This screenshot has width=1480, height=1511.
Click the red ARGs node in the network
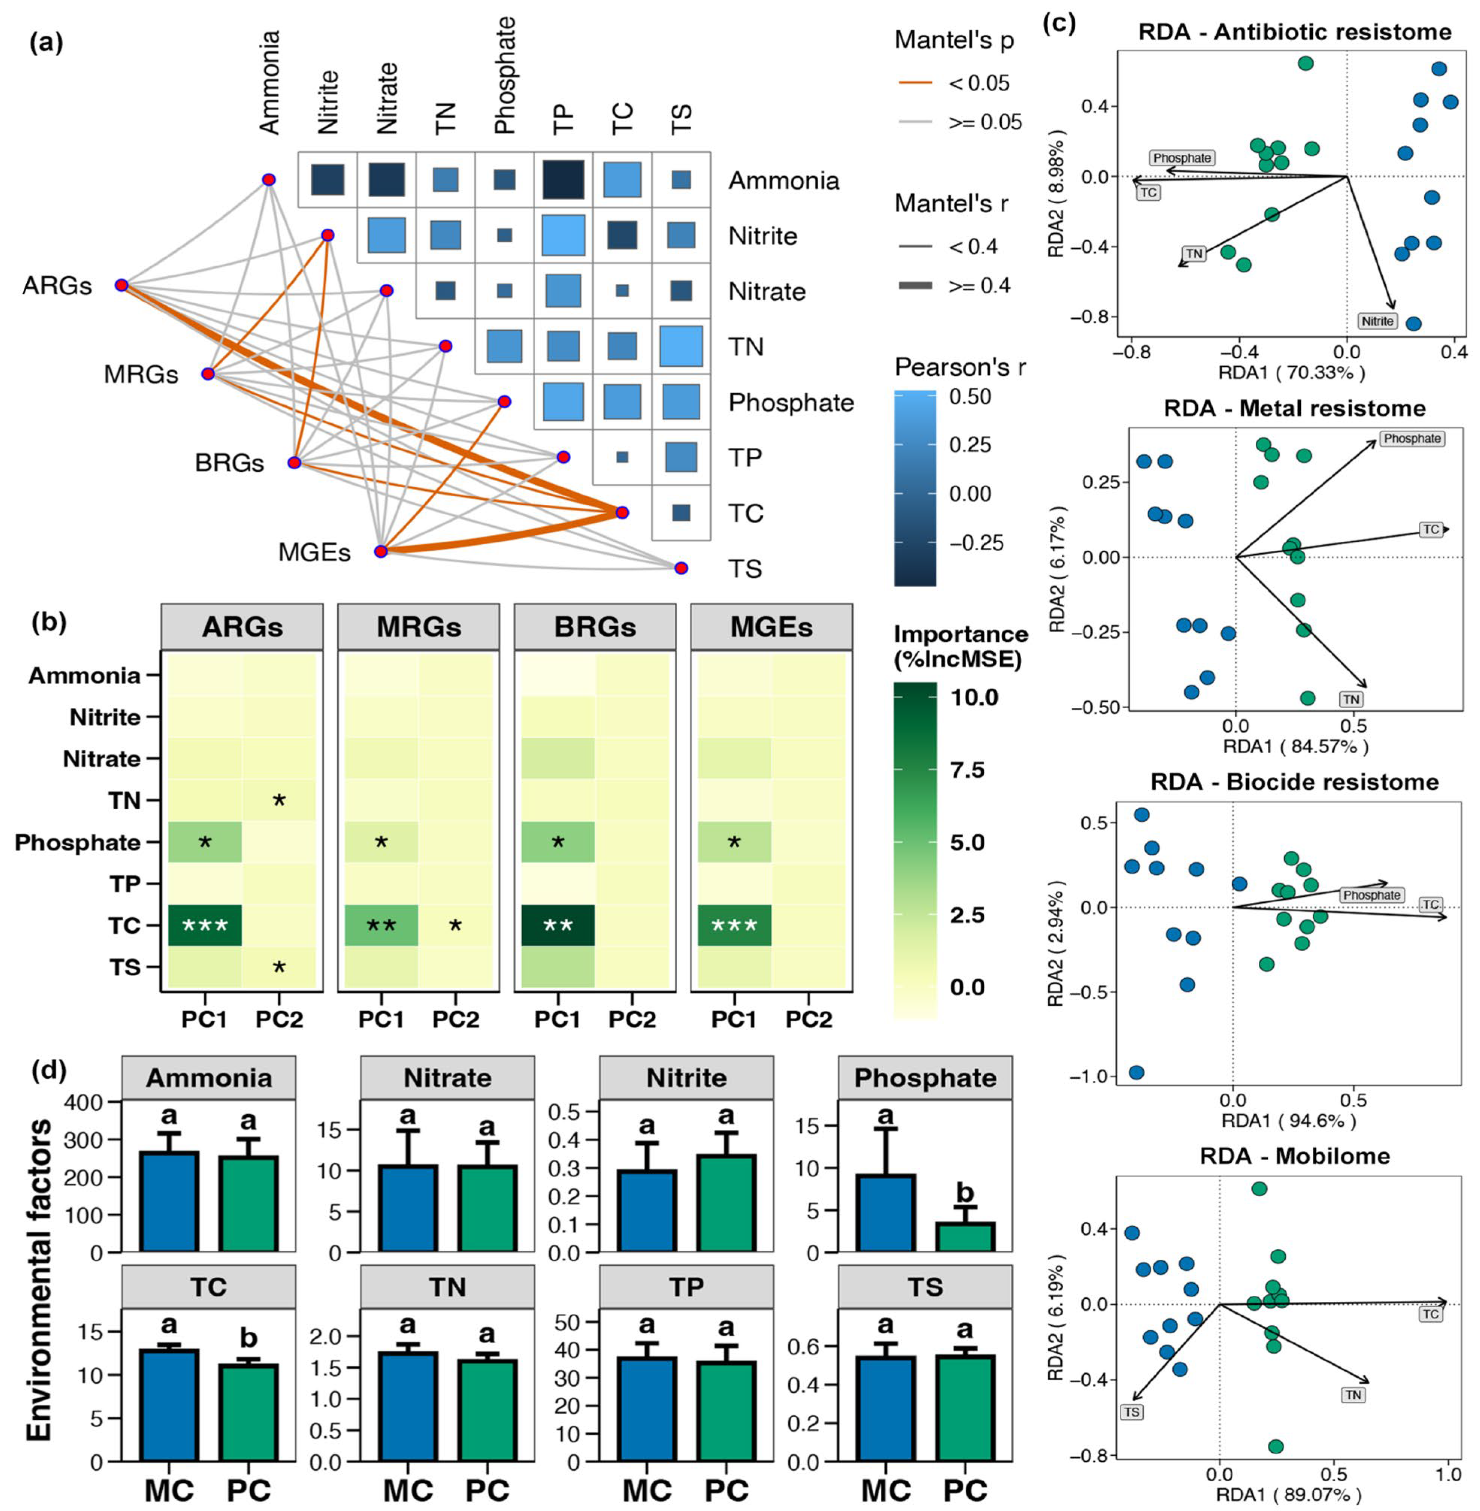click(x=121, y=285)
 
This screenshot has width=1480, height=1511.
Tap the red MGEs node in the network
click(x=380, y=552)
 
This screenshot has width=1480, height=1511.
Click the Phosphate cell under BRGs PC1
click(x=557, y=842)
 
